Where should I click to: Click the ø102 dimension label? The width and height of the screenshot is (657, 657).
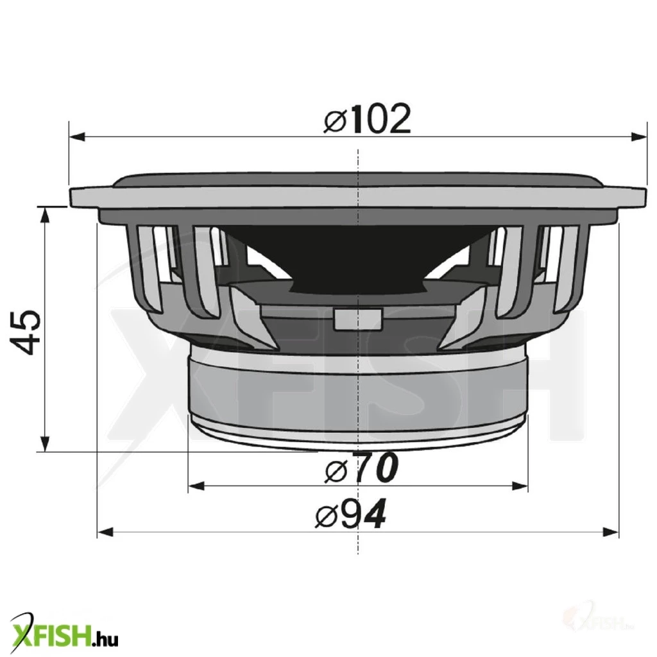[x=368, y=119]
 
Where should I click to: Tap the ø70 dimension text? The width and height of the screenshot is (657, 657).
[x=361, y=468]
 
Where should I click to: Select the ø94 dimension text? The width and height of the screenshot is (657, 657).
[x=350, y=514]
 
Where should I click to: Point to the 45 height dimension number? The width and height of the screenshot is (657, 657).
[x=26, y=332]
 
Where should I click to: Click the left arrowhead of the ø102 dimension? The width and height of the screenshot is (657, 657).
[x=78, y=137]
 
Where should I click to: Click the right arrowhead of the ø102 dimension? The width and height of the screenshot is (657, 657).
[x=638, y=137]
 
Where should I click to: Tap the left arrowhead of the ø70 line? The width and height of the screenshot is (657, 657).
[x=196, y=486]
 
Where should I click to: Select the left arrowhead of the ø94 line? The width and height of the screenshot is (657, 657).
[x=106, y=533]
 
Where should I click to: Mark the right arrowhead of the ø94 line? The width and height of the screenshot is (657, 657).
[x=611, y=533]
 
